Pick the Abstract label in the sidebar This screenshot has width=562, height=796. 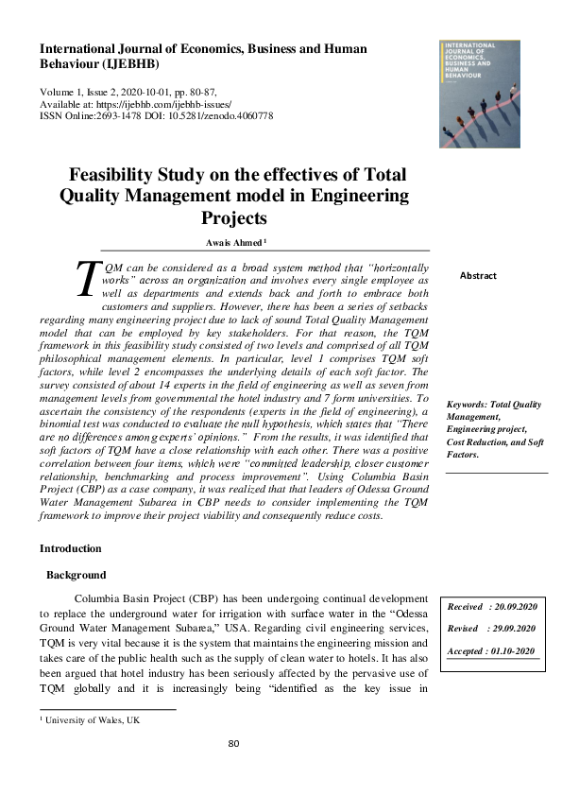478,276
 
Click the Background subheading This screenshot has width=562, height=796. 77,575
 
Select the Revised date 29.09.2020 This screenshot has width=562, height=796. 512,629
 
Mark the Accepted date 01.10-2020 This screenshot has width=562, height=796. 512,651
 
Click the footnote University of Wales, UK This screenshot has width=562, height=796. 92,720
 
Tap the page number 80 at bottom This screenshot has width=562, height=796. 234,743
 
